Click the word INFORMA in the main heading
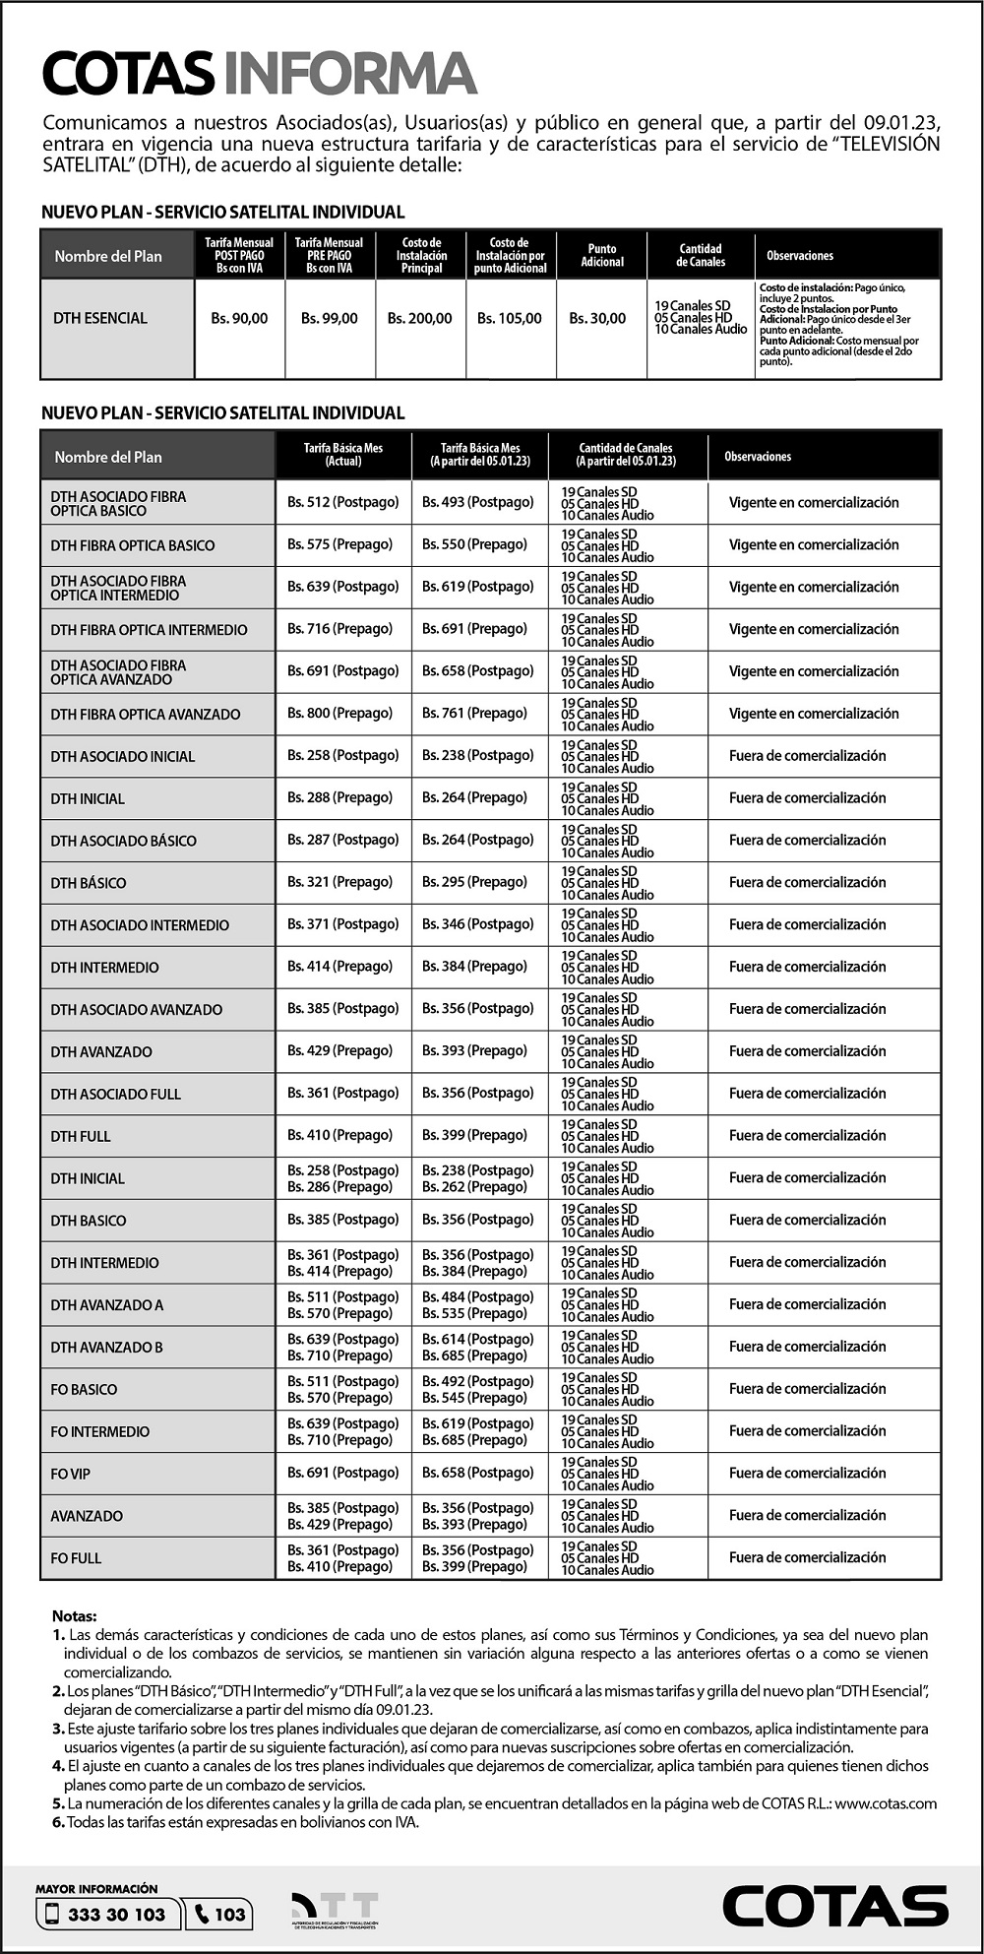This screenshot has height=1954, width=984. (350, 74)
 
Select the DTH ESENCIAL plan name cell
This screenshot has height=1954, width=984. (100, 318)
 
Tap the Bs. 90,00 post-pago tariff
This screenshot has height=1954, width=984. (239, 318)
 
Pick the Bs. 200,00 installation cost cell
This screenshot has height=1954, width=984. (420, 318)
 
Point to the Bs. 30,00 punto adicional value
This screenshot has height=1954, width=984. (597, 318)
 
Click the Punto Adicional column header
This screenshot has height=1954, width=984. (602, 255)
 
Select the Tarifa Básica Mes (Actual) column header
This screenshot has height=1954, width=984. (342, 455)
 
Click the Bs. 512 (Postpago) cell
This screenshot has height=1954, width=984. (342, 502)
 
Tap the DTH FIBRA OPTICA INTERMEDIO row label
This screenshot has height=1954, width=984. (149, 630)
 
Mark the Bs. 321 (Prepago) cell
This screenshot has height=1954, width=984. (339, 882)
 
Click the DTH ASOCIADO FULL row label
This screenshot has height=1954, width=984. (116, 1094)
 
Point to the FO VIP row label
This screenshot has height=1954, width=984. (71, 1474)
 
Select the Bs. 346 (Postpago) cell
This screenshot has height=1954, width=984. (478, 924)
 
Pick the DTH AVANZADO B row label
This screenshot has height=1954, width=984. (107, 1347)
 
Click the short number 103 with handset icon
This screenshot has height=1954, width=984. (219, 1914)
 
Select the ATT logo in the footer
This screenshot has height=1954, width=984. (335, 1910)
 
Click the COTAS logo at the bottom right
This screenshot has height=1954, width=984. (834, 1907)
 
